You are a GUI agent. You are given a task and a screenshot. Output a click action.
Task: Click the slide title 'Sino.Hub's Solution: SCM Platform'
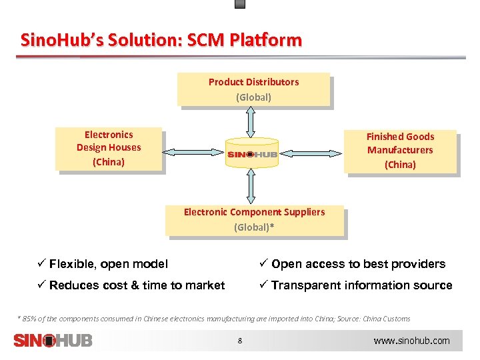pyautogui.click(x=161, y=40)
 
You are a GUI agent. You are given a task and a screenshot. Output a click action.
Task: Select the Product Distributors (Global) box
pyautogui.click(x=253, y=89)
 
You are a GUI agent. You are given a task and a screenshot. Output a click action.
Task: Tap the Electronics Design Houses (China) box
pyautogui.click(x=109, y=148)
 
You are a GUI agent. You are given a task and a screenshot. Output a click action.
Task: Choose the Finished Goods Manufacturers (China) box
pyautogui.click(x=400, y=151)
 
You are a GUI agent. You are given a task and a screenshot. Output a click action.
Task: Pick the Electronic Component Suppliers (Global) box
pyautogui.click(x=254, y=220)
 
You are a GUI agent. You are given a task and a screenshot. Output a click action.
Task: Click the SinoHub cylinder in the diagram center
pyautogui.click(x=252, y=153)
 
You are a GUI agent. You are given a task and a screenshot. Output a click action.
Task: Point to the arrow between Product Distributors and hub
pyautogui.click(x=251, y=121)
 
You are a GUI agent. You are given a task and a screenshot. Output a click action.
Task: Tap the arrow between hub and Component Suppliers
pyautogui.click(x=251, y=186)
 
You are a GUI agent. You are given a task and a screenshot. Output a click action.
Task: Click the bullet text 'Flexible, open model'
pyautogui.click(x=109, y=264)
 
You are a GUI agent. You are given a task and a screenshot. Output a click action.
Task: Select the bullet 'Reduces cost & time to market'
pyautogui.click(x=137, y=285)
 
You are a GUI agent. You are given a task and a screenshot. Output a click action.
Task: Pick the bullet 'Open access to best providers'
pyautogui.click(x=358, y=264)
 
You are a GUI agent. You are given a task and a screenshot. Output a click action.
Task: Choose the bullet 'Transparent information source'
pyautogui.click(x=361, y=285)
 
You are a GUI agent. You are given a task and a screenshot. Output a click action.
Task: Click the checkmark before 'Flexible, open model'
pyautogui.click(x=41, y=264)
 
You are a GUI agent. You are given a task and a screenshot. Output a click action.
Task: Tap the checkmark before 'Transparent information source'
pyautogui.click(x=264, y=285)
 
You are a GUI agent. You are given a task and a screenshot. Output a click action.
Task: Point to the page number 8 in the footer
pyautogui.click(x=240, y=341)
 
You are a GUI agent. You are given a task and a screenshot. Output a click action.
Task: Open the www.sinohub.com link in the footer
pyautogui.click(x=411, y=341)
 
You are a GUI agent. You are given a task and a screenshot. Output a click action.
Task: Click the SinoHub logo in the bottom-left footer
pyautogui.click(x=53, y=340)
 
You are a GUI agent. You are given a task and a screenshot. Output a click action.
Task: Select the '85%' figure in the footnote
pyautogui.click(x=29, y=319)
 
